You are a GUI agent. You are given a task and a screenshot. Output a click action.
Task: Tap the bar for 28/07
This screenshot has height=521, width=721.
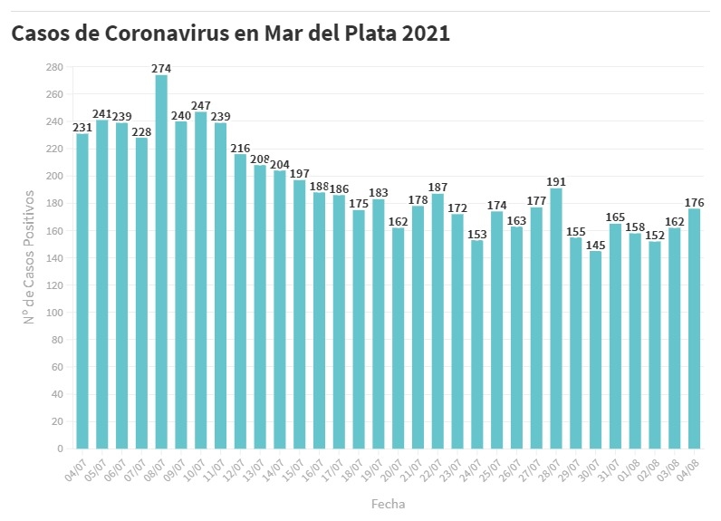[x=556, y=317]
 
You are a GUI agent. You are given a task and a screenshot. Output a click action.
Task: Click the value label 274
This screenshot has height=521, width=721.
[x=161, y=68]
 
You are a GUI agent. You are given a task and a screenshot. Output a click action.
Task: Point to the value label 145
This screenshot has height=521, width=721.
[x=596, y=245]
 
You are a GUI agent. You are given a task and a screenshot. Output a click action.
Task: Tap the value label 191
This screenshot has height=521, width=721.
[x=556, y=181]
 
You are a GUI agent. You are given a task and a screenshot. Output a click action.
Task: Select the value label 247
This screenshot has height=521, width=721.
[x=201, y=106]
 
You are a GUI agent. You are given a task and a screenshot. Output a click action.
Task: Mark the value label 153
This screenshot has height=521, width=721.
[x=477, y=234]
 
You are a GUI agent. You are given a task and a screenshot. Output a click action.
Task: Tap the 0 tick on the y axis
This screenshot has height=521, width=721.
[x=60, y=449]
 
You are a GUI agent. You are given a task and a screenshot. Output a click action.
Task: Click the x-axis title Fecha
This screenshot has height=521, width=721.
[x=388, y=503]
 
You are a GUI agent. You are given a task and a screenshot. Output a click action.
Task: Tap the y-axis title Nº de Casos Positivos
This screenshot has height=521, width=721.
[x=29, y=257]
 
